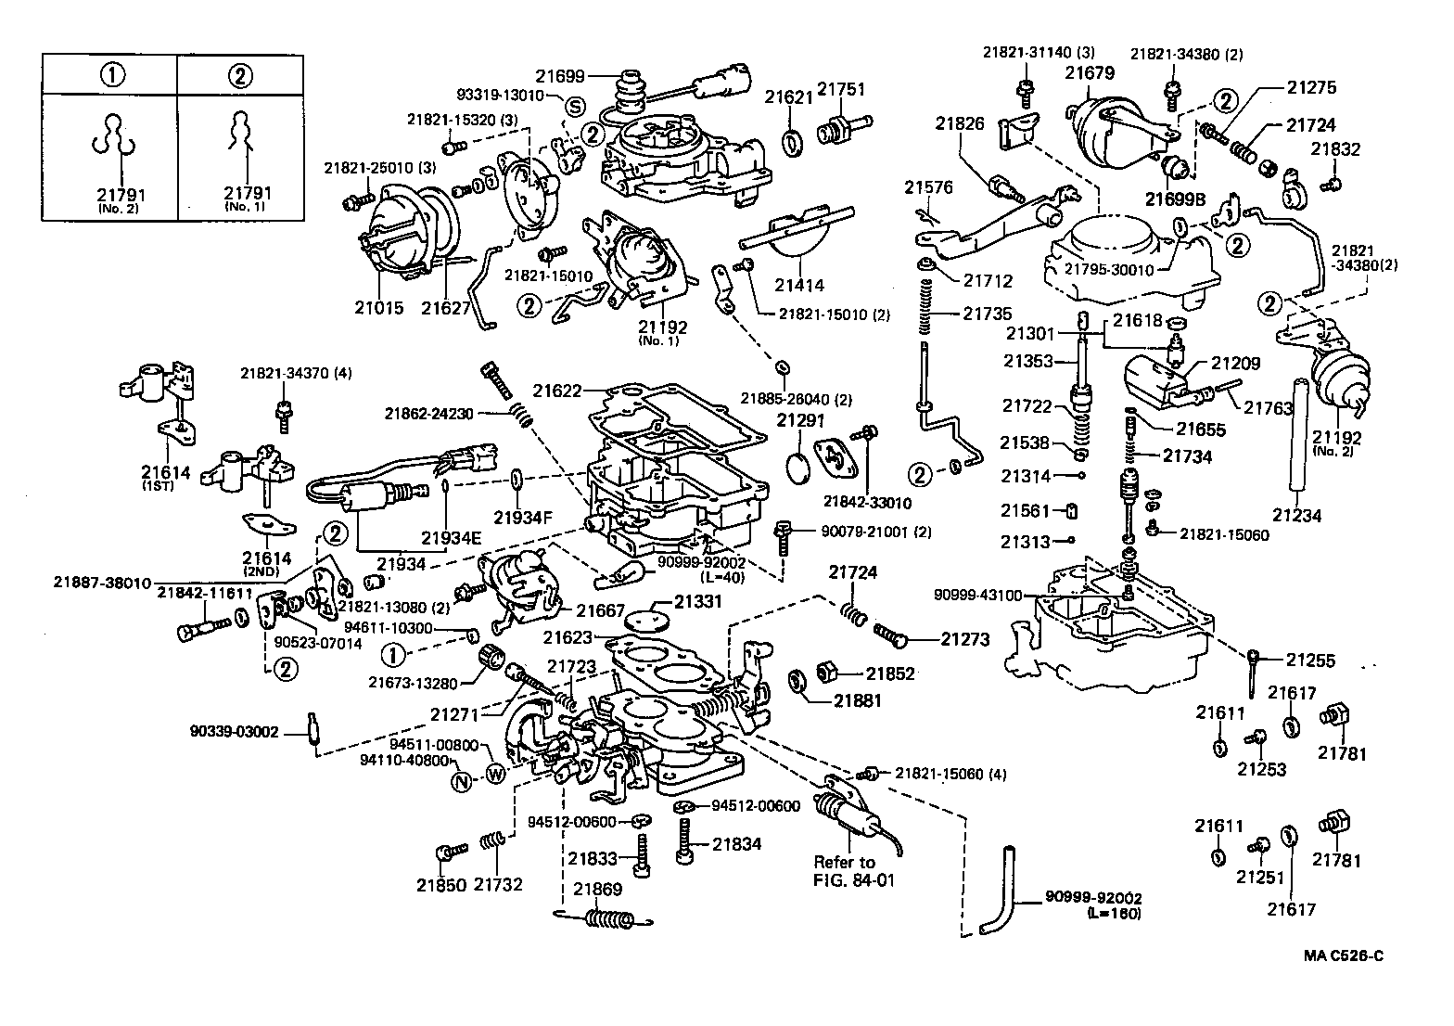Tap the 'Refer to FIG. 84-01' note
tap(845, 871)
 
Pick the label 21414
tap(799, 286)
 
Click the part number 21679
tap(1090, 71)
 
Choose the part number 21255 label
tap(1310, 660)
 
